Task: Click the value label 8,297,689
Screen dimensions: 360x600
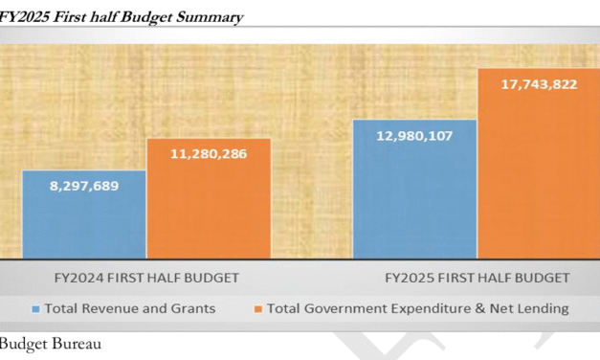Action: click(x=84, y=186)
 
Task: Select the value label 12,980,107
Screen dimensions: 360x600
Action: click(x=414, y=135)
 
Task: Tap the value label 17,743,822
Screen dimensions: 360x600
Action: click(x=539, y=84)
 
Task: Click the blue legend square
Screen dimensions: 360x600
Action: click(x=35, y=308)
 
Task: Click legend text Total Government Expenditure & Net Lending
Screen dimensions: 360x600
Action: click(x=417, y=308)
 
